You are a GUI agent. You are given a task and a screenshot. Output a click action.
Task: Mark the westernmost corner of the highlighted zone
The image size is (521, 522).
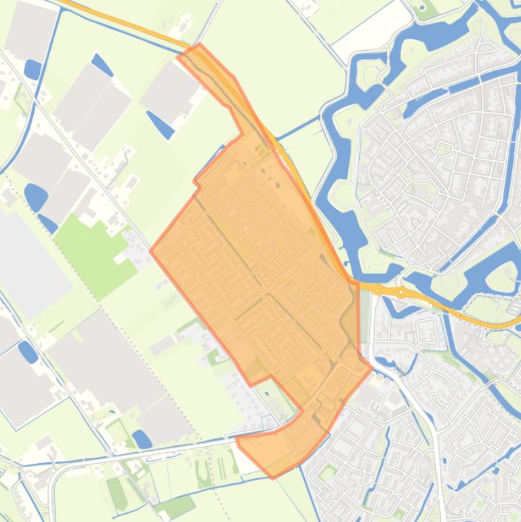click(150, 250)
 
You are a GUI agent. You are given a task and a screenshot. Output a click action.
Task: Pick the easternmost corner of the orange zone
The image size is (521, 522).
click(371, 368)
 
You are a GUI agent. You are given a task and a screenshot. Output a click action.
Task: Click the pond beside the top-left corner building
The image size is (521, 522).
click(33, 68)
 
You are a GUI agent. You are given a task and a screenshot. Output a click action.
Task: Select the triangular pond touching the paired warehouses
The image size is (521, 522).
click(102, 65)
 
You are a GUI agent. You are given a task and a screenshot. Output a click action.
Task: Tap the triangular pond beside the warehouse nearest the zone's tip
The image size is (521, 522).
click(161, 123)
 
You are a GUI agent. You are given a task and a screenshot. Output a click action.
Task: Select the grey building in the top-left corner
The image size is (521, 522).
click(30, 31)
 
